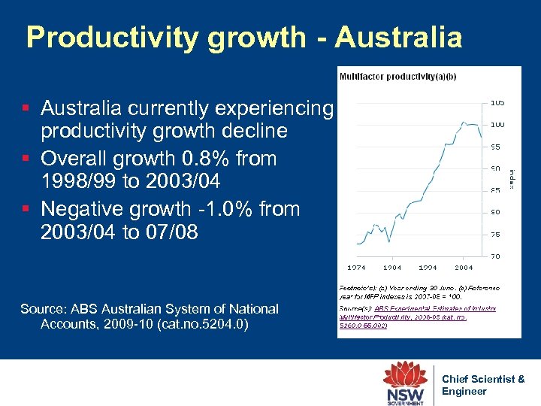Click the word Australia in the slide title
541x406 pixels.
click(x=398, y=37)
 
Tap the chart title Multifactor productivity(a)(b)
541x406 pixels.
click(x=387, y=76)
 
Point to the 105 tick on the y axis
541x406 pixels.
click(x=497, y=102)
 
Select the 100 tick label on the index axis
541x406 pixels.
click(x=497, y=124)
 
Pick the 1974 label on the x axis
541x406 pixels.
click(x=356, y=267)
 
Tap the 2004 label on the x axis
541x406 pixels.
click(x=464, y=267)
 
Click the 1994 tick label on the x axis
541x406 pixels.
click(x=428, y=267)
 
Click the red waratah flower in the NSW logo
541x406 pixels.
click(x=405, y=375)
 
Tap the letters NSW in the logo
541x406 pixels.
click(x=405, y=394)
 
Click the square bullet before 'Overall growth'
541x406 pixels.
click(x=28, y=159)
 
